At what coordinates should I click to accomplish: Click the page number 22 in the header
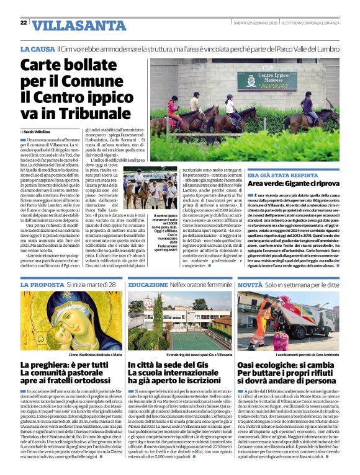(24, 22)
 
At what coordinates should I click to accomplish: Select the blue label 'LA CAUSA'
(36, 48)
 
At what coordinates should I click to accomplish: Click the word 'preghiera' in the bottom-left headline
(48, 365)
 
